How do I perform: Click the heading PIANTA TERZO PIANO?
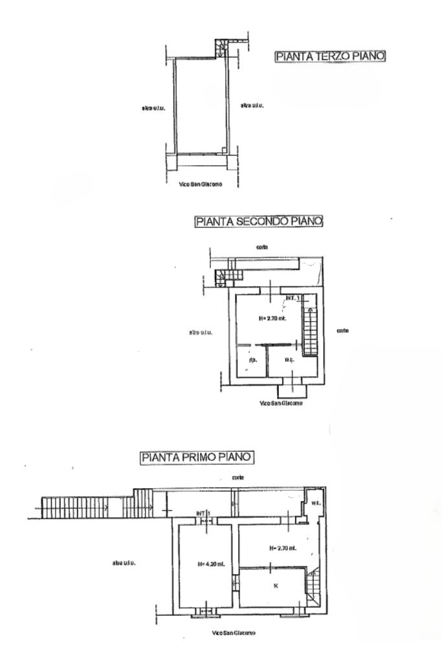tap(331, 57)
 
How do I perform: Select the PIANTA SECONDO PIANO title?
tap(259, 221)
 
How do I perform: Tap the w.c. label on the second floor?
tap(290, 360)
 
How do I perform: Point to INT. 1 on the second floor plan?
tap(293, 298)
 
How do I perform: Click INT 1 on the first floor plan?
tap(204, 513)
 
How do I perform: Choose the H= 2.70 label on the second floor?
tap(272, 318)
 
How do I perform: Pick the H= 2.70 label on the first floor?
tap(282, 548)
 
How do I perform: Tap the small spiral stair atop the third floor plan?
tap(221, 47)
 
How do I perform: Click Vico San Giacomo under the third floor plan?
tap(201, 185)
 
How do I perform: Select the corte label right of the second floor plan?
tap(344, 331)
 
